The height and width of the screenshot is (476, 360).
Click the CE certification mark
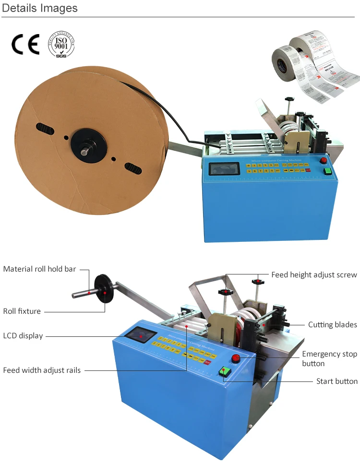(x=25, y=45)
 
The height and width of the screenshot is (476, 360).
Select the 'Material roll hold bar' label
(x=39, y=269)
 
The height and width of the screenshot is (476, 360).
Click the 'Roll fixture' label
(x=22, y=311)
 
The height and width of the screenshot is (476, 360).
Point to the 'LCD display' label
(x=23, y=335)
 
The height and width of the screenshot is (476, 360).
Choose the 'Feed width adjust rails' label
(x=42, y=370)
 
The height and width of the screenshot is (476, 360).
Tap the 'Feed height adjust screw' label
(x=314, y=275)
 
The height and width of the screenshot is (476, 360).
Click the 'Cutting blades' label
(x=332, y=325)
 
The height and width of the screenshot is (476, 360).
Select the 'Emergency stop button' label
(x=329, y=358)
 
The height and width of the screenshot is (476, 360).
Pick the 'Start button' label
(x=336, y=381)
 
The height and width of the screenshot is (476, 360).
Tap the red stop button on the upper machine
(x=324, y=161)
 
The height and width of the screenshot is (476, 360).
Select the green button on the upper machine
(x=328, y=171)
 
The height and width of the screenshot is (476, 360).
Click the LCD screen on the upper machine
(x=225, y=169)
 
